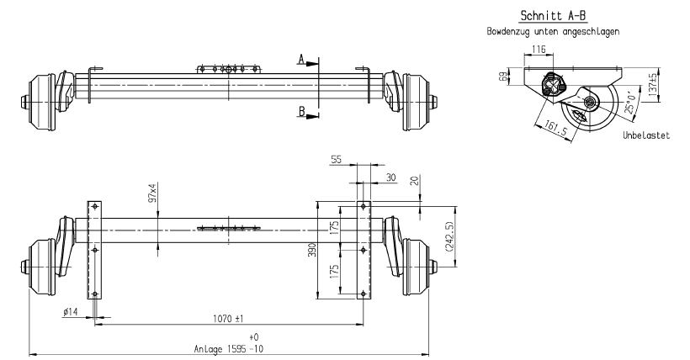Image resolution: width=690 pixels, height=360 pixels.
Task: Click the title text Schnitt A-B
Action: pyautogui.click(x=553, y=16)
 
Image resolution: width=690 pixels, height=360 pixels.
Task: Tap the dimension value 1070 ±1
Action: pyautogui.click(x=228, y=318)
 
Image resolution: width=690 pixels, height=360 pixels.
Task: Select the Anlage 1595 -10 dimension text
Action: pyautogui.click(x=228, y=349)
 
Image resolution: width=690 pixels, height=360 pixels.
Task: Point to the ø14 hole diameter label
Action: pyautogui.click(x=71, y=312)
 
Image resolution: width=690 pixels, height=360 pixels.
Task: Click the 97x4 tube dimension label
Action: pyautogui.click(x=152, y=193)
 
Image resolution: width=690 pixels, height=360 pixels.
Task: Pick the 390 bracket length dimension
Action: pyautogui.click(x=311, y=250)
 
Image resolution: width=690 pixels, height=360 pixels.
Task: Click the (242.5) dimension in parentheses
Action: pyautogui.click(x=449, y=236)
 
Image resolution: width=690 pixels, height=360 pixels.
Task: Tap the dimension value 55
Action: pyautogui.click(x=337, y=159)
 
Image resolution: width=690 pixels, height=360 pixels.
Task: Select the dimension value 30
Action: pyautogui.click(x=390, y=177)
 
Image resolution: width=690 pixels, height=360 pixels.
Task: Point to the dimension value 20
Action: pyautogui.click(x=415, y=181)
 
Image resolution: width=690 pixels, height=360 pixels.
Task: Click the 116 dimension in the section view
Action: pyautogui.click(x=539, y=49)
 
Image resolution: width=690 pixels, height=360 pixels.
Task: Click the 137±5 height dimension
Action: pyautogui.click(x=653, y=83)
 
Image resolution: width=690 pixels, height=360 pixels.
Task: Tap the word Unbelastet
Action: pyautogui.click(x=646, y=135)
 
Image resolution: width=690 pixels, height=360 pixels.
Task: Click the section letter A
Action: pyautogui.click(x=301, y=59)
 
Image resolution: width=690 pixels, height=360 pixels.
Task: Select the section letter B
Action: pyautogui.click(x=301, y=111)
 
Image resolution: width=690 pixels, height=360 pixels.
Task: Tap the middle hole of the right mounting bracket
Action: pyautogui.click(x=363, y=250)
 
